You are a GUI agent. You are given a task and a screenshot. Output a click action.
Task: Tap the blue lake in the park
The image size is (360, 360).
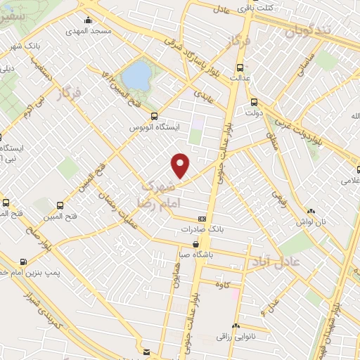(x=136, y=72)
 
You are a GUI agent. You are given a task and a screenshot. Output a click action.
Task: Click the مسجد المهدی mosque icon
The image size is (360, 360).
(x=88, y=20)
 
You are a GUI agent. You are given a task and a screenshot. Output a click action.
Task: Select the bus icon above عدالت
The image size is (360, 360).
(x=241, y=68)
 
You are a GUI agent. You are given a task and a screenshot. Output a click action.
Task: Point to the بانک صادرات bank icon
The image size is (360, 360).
(x=202, y=219)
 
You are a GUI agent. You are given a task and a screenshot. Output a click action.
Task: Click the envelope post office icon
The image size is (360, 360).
(x=146, y=350)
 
